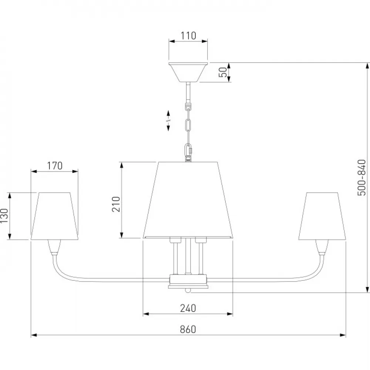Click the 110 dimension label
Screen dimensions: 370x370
tap(188, 36)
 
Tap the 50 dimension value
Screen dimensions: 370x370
tap(223, 72)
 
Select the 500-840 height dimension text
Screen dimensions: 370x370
tap(361, 178)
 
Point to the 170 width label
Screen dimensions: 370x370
tap(54, 166)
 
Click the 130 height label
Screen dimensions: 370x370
tap(4, 216)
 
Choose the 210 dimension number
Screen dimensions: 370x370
tap(116, 204)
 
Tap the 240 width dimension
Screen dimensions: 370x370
tap(188, 308)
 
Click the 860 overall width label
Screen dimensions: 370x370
tap(188, 329)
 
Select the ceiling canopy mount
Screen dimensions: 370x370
tap(188, 72)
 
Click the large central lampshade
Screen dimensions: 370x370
tap(188, 200)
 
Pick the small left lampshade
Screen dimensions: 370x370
tap(54, 216)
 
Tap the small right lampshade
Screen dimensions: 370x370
tap(322, 216)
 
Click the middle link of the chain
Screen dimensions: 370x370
tap(188, 125)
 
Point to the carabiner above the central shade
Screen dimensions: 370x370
tap(188, 150)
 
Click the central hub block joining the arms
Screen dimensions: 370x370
tap(188, 281)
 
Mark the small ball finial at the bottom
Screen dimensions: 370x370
tap(188, 290)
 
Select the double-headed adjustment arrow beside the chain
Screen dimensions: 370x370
tap(168, 121)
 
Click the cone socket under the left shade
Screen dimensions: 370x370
tap(54, 247)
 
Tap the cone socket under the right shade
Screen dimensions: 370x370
tap(322, 247)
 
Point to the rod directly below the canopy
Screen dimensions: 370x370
tap(188, 92)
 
